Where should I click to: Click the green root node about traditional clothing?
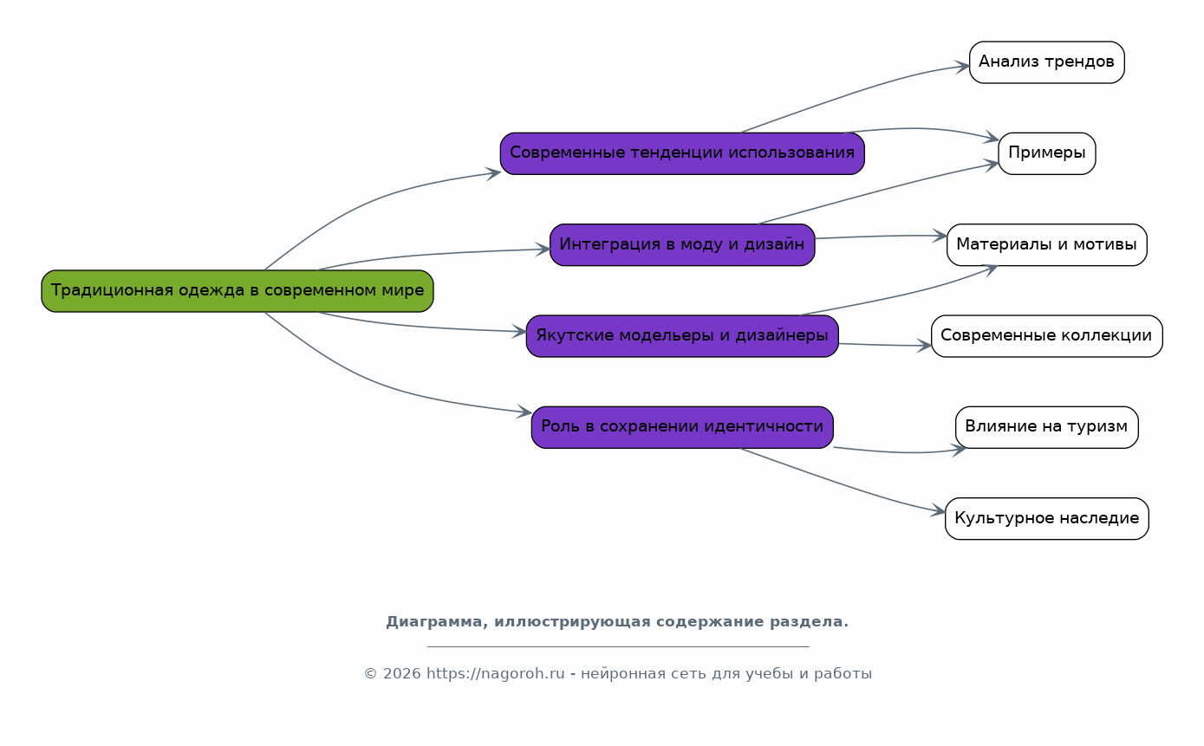click(x=237, y=291)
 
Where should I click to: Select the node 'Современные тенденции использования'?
click(x=681, y=153)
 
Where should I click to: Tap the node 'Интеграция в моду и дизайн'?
click(x=681, y=244)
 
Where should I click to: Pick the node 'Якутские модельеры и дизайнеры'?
click(x=681, y=336)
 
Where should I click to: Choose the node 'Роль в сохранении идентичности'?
click(x=681, y=427)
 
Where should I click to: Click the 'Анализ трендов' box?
click(x=1046, y=62)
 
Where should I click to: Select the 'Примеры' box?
click(x=1046, y=153)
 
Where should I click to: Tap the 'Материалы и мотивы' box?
click(x=1046, y=244)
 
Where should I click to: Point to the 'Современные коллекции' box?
click(x=1046, y=336)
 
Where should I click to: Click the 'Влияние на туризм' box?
click(x=1046, y=427)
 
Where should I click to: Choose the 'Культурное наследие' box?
click(x=1046, y=519)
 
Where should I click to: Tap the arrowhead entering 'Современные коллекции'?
click(x=925, y=346)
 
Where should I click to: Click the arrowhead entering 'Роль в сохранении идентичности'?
click(x=524, y=412)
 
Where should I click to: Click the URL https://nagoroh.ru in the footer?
click(x=495, y=674)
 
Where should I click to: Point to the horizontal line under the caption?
click(x=617, y=646)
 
